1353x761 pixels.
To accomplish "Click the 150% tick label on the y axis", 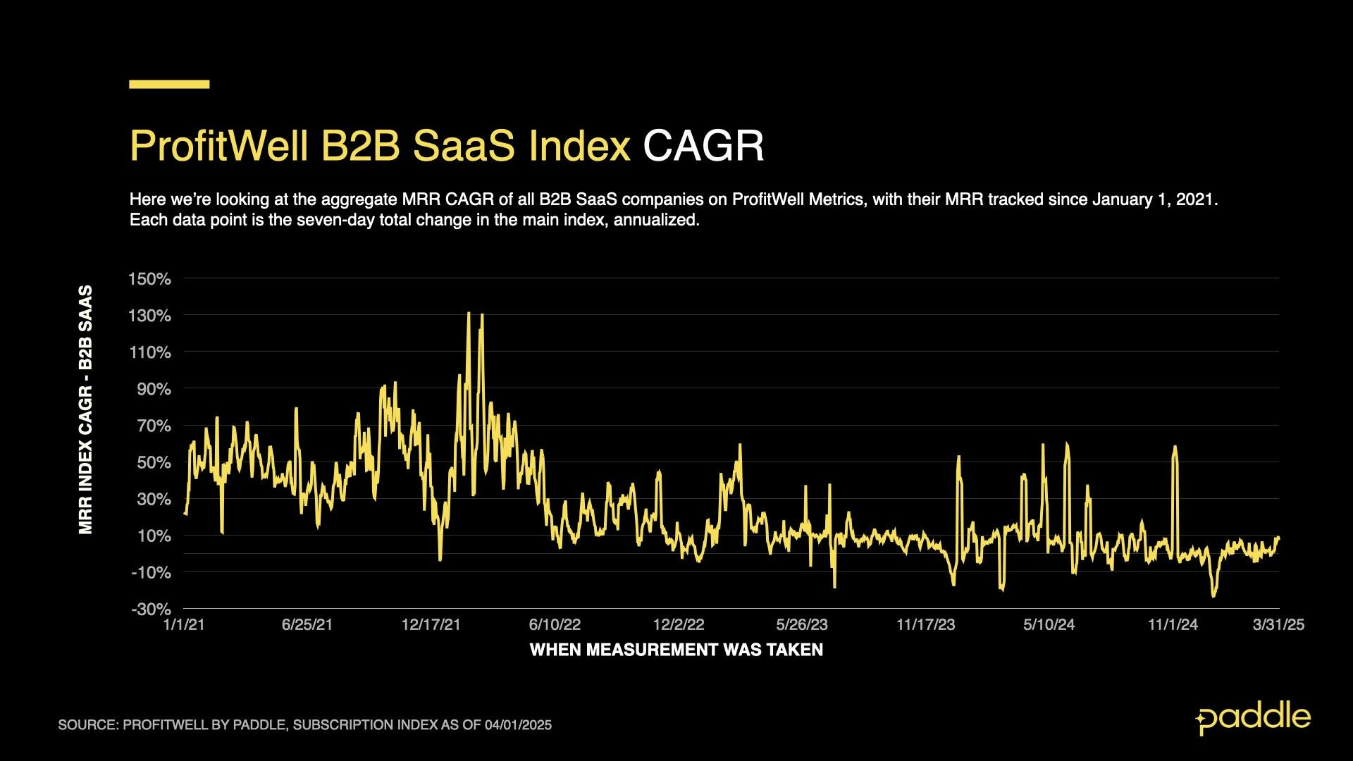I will click(x=149, y=279).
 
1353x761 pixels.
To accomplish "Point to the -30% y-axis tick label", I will click(x=151, y=609).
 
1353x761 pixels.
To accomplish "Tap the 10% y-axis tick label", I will click(x=154, y=536).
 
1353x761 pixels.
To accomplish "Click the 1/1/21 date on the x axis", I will click(x=184, y=625).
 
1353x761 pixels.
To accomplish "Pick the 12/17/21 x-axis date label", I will click(x=431, y=625).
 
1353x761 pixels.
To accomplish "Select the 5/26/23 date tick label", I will click(x=802, y=625).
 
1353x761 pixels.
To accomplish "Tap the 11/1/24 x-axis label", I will click(x=1173, y=625).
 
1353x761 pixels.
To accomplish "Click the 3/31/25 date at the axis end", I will click(x=1278, y=625).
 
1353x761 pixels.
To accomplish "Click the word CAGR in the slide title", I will click(x=703, y=146).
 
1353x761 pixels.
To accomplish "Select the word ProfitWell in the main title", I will click(x=219, y=146).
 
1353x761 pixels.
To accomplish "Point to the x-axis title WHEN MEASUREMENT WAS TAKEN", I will click(x=676, y=650).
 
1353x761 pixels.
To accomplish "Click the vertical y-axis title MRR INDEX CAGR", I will click(x=86, y=409).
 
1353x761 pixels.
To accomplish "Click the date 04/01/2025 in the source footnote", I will click(x=518, y=725).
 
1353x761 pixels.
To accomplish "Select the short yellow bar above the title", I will click(x=169, y=84).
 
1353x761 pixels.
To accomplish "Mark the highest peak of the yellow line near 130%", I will click(x=469, y=313).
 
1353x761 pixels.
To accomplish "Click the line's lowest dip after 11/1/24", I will click(x=1213, y=596).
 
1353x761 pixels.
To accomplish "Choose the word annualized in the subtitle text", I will click(x=655, y=220).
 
